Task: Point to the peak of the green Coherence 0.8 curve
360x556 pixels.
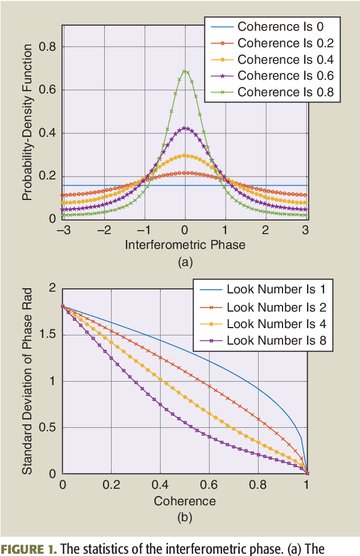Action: pos(185,71)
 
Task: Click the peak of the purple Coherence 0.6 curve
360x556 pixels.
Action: pos(185,128)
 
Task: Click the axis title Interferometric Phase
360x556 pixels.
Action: pos(185,245)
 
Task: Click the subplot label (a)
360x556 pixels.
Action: pos(185,262)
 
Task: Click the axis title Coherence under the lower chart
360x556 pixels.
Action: pos(185,501)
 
